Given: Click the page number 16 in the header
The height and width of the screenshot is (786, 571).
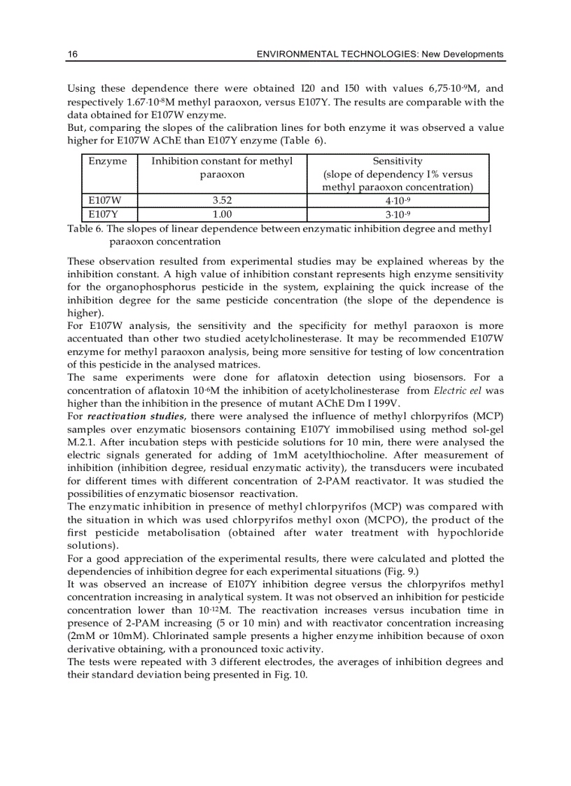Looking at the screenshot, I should click(72, 55).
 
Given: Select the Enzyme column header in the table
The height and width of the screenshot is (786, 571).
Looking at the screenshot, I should click(108, 161).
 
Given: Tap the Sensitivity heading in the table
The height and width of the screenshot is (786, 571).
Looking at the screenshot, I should click(397, 161).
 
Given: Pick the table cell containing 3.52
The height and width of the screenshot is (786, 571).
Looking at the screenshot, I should click(222, 201).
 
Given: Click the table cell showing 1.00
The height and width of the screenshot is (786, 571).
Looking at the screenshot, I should click(222, 214).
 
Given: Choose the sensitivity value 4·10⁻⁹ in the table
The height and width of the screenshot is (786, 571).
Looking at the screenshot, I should click(397, 201).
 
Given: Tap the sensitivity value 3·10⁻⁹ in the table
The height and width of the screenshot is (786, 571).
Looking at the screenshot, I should click(397, 214).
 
